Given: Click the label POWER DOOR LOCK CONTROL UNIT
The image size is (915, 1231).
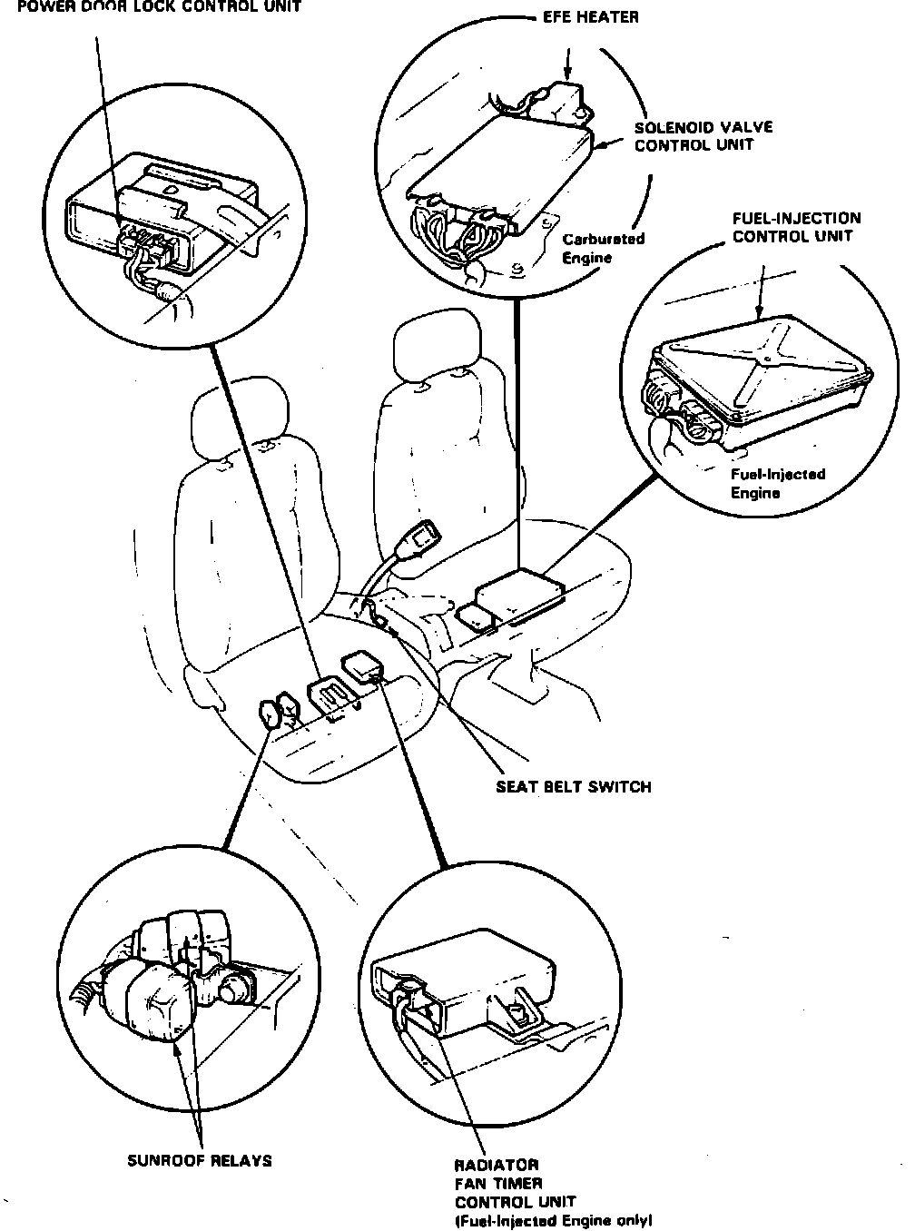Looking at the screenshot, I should (150, 7).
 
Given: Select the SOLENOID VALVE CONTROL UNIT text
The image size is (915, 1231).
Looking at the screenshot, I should (703, 136).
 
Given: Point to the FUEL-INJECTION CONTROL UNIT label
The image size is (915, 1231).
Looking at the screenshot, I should (796, 228).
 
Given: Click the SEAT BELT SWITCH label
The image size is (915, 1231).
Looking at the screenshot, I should (573, 786).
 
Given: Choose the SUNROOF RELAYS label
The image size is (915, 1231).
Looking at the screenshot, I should (200, 1160).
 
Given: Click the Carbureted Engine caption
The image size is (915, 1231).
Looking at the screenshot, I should (603, 248).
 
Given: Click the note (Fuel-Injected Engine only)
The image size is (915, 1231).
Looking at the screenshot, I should (553, 1221).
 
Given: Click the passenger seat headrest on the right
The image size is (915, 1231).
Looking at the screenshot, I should (438, 350).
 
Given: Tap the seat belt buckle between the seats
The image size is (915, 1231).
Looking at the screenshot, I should (423, 537).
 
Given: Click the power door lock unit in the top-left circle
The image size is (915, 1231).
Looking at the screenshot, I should (159, 218).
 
